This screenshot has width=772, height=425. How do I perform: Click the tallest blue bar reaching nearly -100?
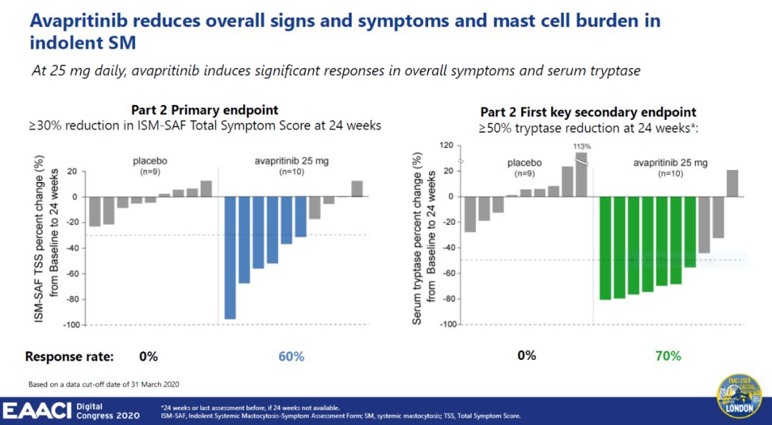click(x=230, y=258)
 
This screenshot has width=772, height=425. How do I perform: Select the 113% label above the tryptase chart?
click(x=580, y=146)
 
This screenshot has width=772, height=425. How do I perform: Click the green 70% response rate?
click(x=668, y=356)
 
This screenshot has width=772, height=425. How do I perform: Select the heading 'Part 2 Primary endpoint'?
click(x=204, y=110)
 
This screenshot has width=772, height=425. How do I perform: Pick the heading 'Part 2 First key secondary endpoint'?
click(x=588, y=112)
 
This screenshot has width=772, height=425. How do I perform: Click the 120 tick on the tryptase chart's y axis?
click(x=446, y=146)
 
